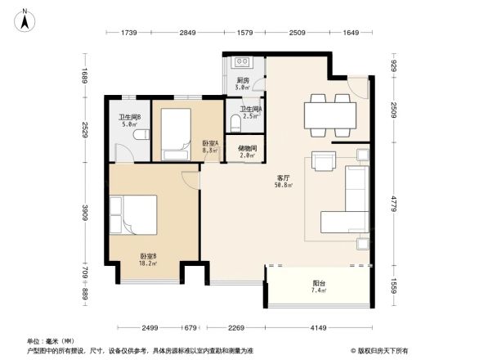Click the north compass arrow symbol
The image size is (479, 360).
26,20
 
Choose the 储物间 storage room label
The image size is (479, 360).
248,148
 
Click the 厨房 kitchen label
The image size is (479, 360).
243,80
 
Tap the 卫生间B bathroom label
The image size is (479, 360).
128,117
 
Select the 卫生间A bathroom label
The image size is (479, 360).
250,109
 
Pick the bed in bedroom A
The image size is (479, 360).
176,131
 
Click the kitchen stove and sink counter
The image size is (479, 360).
243,62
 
